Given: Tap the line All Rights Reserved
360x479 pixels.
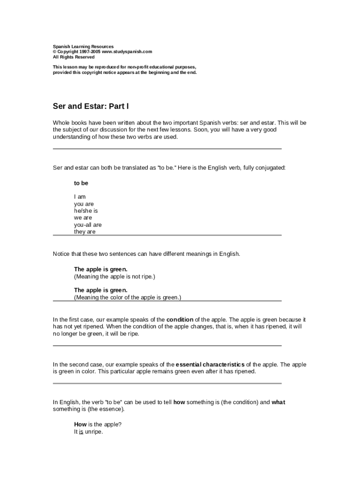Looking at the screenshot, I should point(73,57).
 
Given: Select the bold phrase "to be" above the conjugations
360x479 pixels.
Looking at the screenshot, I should point(81,183).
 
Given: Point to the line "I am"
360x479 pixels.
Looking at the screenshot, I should point(80,197).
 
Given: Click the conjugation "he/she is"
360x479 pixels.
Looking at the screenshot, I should point(86,211).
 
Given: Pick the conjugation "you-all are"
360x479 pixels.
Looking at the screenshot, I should point(87,225).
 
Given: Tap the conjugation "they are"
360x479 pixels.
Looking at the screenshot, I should point(85,232).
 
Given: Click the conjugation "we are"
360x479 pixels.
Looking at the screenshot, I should point(83,218).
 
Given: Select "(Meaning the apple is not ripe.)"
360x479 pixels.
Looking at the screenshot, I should point(114,276).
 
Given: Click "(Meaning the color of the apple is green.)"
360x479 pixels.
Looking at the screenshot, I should point(127,298).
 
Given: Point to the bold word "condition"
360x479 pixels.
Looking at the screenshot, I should point(180,320).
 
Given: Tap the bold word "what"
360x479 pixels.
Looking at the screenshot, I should point(278,402).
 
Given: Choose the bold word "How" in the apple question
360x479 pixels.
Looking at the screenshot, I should point(80,425).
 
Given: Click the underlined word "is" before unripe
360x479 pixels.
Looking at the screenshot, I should point(81,432).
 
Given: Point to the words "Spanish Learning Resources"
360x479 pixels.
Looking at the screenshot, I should point(83,47).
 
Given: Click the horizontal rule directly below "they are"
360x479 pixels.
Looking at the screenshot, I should point(167,235).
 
